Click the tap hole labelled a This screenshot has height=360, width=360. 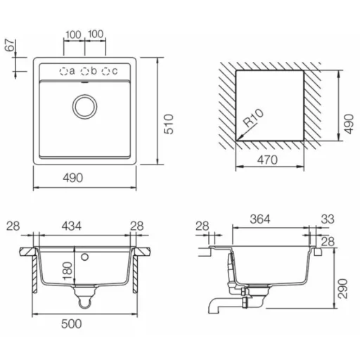[63, 71]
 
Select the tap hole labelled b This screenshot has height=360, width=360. [84, 71]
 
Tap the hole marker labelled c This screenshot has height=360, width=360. [105, 71]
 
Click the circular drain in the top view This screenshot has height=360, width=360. [84, 107]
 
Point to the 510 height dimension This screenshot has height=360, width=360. [169, 124]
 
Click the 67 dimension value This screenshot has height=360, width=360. [11, 45]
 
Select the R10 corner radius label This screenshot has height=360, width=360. [253, 118]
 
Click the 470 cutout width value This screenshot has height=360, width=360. [267, 160]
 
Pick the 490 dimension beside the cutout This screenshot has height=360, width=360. [349, 124]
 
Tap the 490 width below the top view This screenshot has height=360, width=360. [72, 178]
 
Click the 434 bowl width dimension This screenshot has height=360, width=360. [72, 226]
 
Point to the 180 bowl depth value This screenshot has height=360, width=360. [67, 271]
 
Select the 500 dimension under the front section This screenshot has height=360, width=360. [72, 324]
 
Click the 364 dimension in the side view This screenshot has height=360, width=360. [260, 219]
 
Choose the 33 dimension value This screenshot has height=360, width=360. [328, 219]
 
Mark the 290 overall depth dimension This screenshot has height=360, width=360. [342, 288]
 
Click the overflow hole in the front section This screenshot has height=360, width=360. [84, 257]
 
